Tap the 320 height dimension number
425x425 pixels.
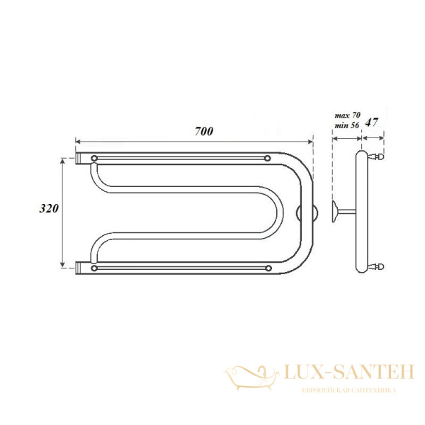coord(48,209)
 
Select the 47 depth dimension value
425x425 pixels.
coord(372,123)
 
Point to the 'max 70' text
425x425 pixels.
coord(346,114)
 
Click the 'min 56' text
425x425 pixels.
coord(346,125)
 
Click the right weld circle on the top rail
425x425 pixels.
coord(268,157)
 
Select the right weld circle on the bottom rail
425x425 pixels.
coord(268,267)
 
